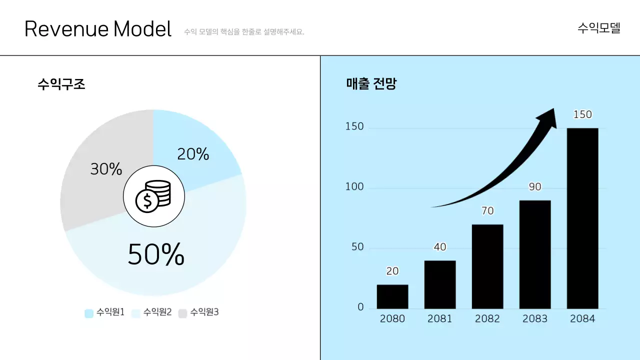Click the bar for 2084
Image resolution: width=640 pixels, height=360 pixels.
click(x=582, y=218)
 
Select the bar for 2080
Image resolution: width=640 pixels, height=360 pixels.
click(x=392, y=296)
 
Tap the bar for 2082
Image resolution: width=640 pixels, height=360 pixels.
click(x=487, y=266)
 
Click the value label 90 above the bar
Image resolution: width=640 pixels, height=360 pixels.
click(x=535, y=187)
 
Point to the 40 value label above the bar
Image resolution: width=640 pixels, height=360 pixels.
click(x=439, y=247)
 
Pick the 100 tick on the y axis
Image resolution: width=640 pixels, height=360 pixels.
click(x=354, y=187)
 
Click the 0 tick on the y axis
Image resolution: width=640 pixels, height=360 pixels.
click(x=360, y=307)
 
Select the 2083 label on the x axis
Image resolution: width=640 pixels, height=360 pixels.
click(x=535, y=318)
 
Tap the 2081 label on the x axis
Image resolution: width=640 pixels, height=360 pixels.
click(x=439, y=318)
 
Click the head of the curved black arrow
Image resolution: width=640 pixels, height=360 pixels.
click(x=547, y=118)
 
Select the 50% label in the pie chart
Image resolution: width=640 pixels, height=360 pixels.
click(x=156, y=254)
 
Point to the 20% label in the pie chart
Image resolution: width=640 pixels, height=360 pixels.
click(x=193, y=154)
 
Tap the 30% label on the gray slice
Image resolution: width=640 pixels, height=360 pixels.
click(x=106, y=169)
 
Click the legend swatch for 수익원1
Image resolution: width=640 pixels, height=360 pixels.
click(x=89, y=313)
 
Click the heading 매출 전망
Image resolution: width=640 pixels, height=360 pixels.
click(x=371, y=83)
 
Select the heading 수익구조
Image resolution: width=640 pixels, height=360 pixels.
click(x=61, y=84)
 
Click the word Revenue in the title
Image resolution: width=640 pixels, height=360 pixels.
click(x=66, y=29)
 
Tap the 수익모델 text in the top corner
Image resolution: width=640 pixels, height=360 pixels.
click(x=598, y=28)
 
